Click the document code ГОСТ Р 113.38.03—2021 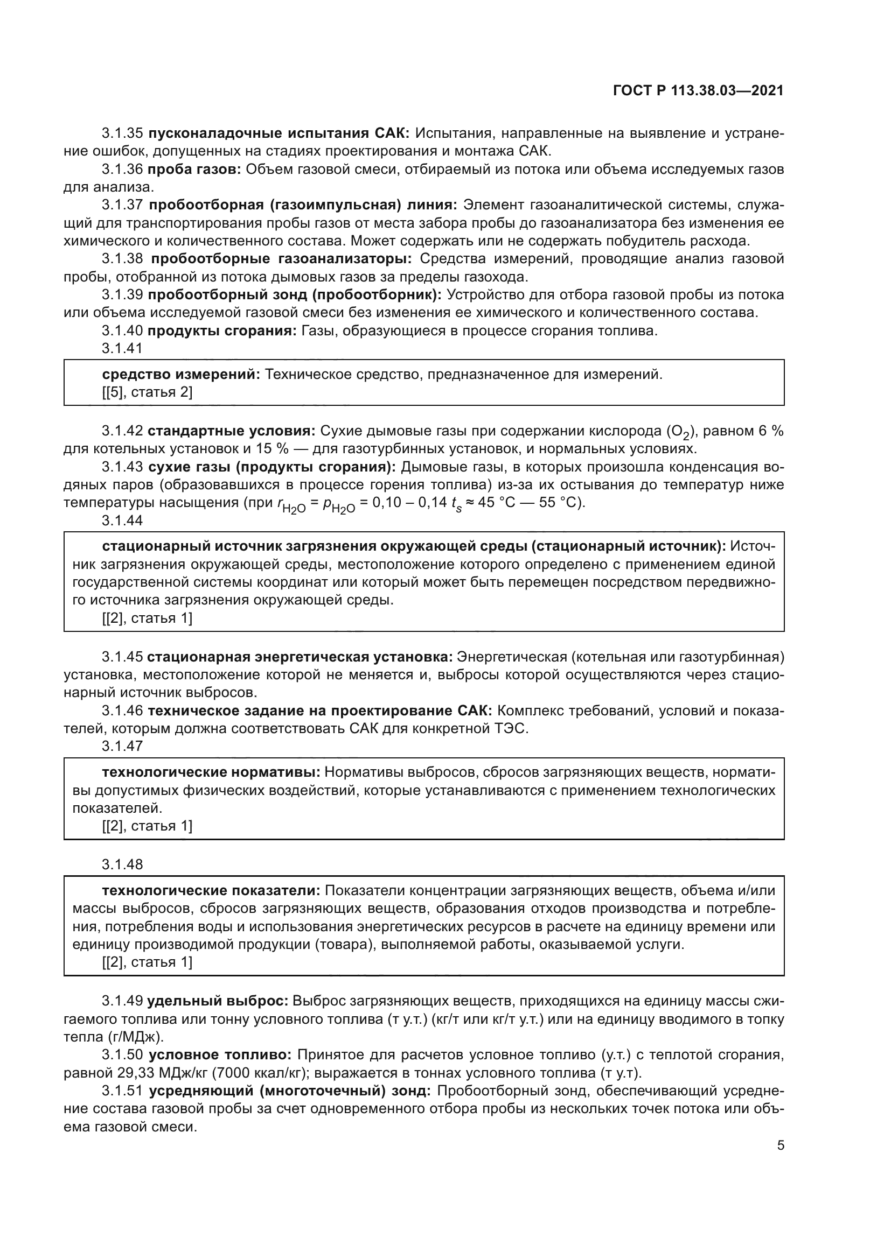pyautogui.click(x=698, y=91)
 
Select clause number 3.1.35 pyautogui.click(x=122, y=133)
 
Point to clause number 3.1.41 pyautogui.click(x=122, y=348)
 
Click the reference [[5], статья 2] pyautogui.click(x=147, y=392)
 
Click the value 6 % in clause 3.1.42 pyautogui.click(x=770, y=431)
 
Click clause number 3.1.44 pyautogui.click(x=122, y=521)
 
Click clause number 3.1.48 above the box pyautogui.click(x=122, y=865)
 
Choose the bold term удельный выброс pyautogui.click(x=217, y=1001)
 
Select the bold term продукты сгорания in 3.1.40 pyautogui.click(x=222, y=330)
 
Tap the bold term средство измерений pyautogui.click(x=180, y=375)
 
